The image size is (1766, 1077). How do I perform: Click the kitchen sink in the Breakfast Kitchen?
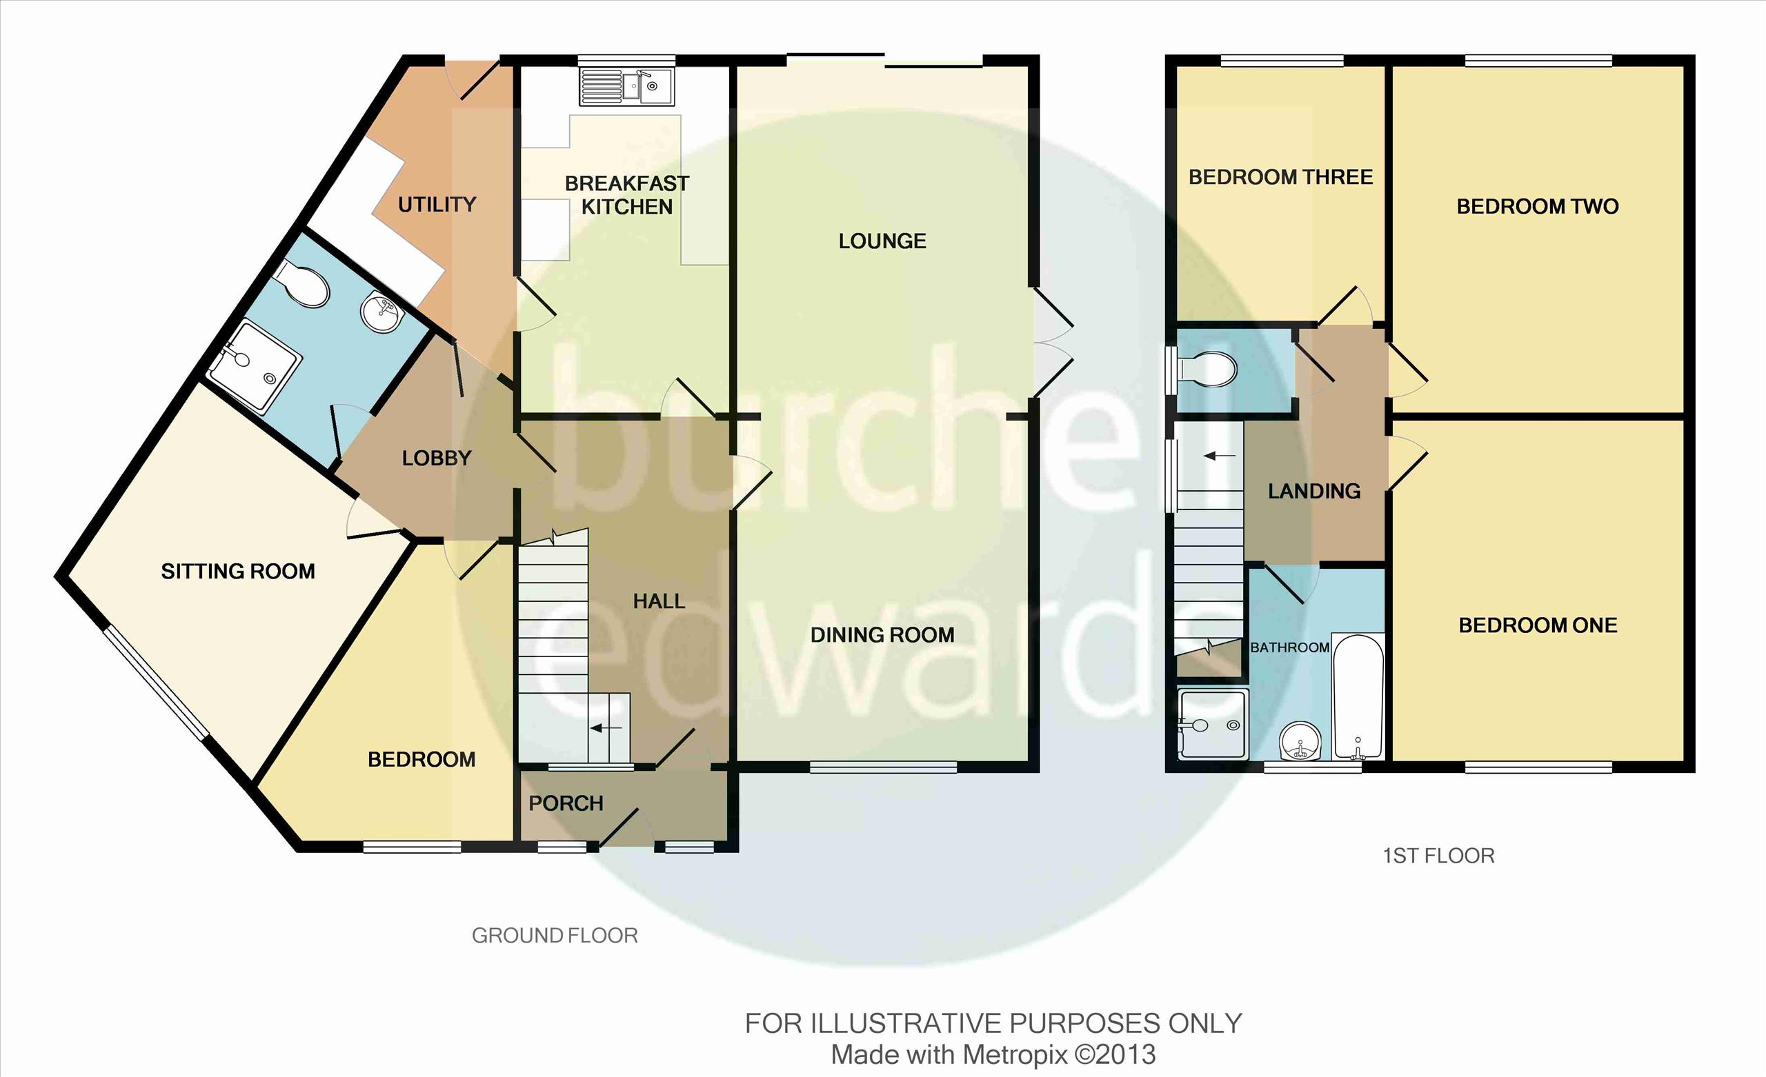(x=627, y=87)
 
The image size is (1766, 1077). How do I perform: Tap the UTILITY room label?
(x=437, y=205)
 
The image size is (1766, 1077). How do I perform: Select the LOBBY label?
(x=437, y=458)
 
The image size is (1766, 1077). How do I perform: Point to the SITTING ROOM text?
(x=238, y=571)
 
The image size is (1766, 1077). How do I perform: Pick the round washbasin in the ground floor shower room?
(x=382, y=313)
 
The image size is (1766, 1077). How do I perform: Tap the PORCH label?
(x=566, y=803)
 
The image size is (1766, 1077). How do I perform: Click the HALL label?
(x=659, y=601)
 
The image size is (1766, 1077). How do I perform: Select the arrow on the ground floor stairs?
(x=606, y=729)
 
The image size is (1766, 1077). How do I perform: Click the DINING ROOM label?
(x=882, y=635)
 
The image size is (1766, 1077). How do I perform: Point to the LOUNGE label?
(x=882, y=241)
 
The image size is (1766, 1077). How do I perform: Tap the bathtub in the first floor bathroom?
(x=1358, y=696)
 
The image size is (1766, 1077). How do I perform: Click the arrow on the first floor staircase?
(x=1219, y=456)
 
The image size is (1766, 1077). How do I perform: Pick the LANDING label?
(x=1314, y=491)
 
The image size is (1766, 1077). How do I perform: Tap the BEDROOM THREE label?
(x=1281, y=177)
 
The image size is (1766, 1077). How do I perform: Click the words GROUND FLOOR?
(x=555, y=935)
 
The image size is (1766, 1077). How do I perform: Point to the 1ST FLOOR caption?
(x=1438, y=856)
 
